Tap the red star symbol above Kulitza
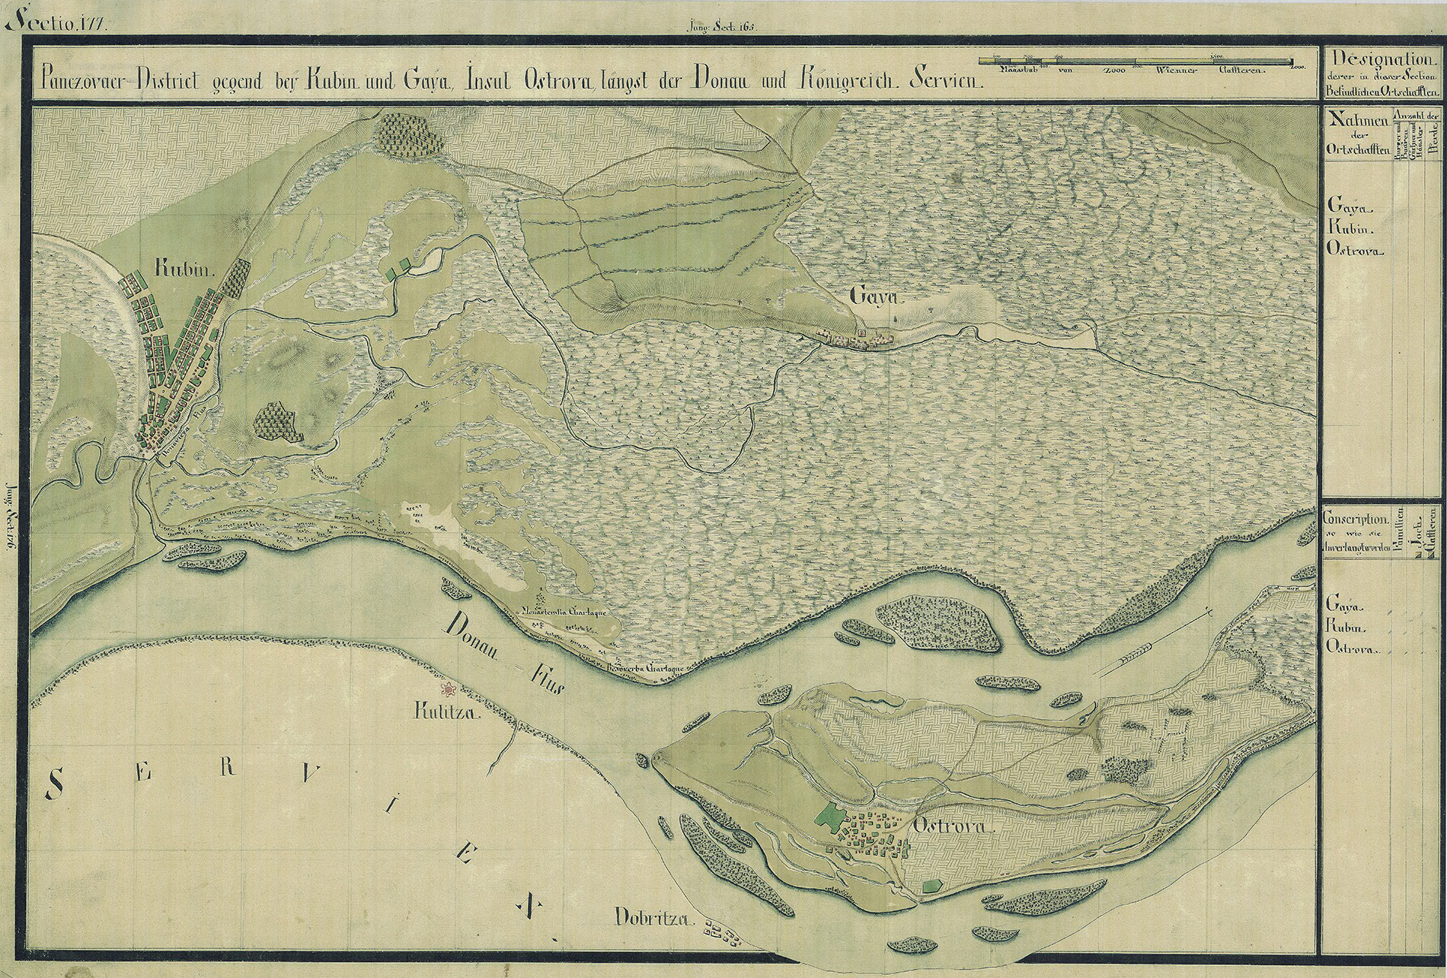[x=450, y=689]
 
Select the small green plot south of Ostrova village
[x=931, y=886]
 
